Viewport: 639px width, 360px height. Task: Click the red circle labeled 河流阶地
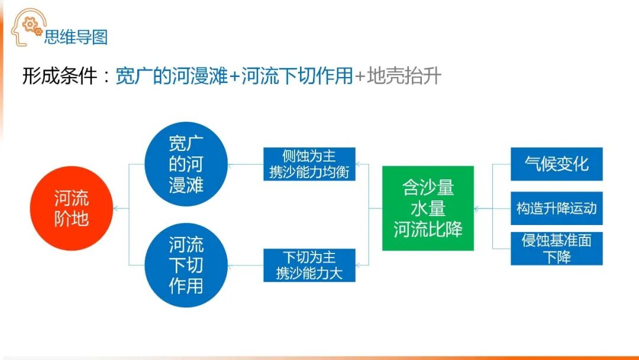pyautogui.click(x=71, y=209)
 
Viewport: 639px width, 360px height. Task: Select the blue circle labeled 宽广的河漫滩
pyautogui.click(x=186, y=164)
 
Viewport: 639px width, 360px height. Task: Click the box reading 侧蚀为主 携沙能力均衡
pyautogui.click(x=309, y=164)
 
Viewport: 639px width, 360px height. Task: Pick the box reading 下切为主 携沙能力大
pyautogui.click(x=309, y=265)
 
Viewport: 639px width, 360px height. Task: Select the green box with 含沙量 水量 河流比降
pyautogui.click(x=428, y=208)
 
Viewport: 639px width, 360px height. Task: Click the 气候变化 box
pyautogui.click(x=556, y=164)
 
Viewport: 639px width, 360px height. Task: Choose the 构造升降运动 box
pyautogui.click(x=556, y=208)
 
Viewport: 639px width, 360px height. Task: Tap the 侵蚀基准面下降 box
pyautogui.click(x=556, y=249)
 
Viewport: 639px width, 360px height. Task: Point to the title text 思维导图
pyautogui.click(x=76, y=37)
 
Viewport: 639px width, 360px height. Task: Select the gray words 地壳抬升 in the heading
pyautogui.click(x=404, y=76)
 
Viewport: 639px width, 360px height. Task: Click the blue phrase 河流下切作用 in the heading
pyautogui.click(x=298, y=76)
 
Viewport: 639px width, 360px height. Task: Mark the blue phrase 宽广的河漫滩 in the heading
pyautogui.click(x=172, y=76)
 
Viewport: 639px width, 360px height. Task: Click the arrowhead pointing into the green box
pyautogui.click(x=477, y=208)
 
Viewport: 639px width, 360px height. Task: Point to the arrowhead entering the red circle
pyautogui.click(x=116, y=208)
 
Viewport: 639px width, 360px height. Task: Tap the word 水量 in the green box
pyautogui.click(x=428, y=208)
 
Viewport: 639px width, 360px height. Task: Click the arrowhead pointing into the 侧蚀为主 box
pyautogui.click(x=359, y=164)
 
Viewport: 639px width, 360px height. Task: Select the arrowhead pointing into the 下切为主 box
pyautogui.click(x=359, y=265)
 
